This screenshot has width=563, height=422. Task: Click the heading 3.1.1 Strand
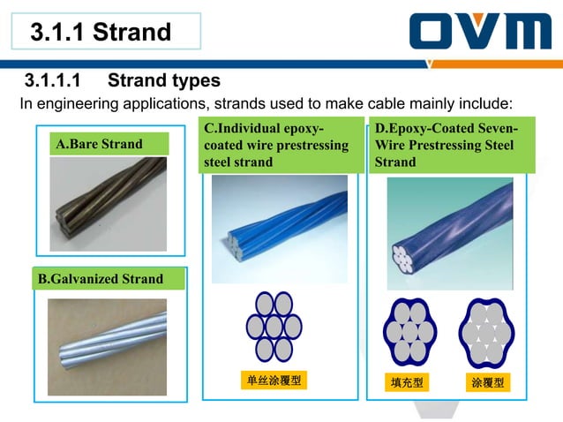[100, 33]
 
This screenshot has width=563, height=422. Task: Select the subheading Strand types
[164, 81]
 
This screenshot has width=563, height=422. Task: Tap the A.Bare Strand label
[99, 144]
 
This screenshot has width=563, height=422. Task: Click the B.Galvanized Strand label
[100, 279]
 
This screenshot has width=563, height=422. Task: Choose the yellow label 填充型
[408, 383]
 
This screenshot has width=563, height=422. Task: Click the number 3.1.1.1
[53, 81]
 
